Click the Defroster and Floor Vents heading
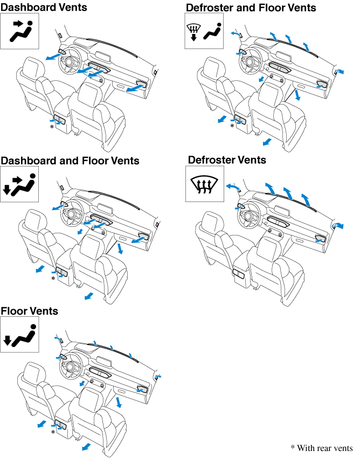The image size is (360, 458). [x=251, y=7]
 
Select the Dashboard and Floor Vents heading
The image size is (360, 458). [x=70, y=161]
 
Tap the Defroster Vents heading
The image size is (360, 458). [x=227, y=160]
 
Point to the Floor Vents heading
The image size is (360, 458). [x=30, y=311]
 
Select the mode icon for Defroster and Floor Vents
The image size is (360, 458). [x=204, y=31]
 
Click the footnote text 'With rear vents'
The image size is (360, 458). [x=322, y=448]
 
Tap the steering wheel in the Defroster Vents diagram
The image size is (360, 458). [x=251, y=219]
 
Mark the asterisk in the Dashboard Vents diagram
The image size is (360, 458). [x=52, y=127]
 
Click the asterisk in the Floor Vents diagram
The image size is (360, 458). [x=53, y=432]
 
